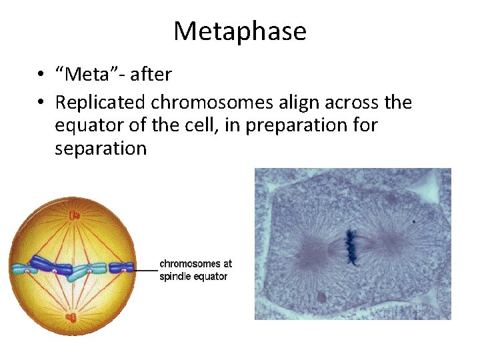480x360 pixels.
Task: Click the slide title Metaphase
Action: (x=240, y=31)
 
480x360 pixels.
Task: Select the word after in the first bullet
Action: (x=151, y=75)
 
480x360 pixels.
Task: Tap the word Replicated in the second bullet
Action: (x=101, y=103)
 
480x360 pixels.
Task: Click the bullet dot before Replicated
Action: (x=41, y=103)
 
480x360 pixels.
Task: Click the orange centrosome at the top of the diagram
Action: (x=72, y=215)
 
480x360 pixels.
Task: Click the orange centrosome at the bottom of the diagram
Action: (x=71, y=318)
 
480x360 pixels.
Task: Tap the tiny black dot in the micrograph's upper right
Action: (x=413, y=221)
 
